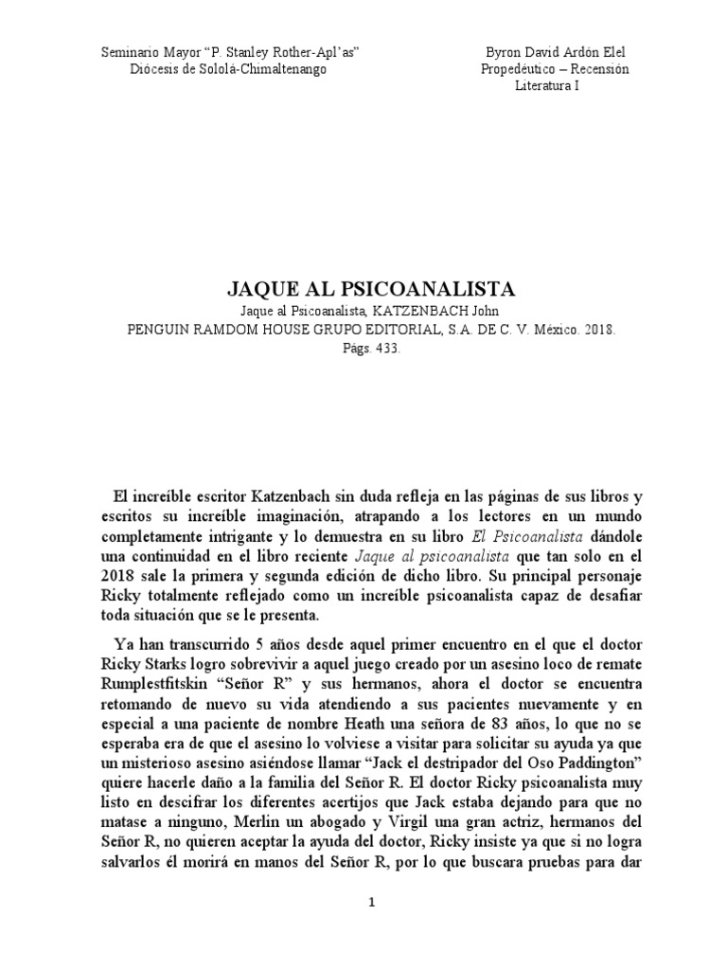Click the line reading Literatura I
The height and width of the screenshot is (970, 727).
[x=547, y=85]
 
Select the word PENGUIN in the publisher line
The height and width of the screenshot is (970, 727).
[x=159, y=331]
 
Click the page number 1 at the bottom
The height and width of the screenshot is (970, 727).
[x=371, y=903]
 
